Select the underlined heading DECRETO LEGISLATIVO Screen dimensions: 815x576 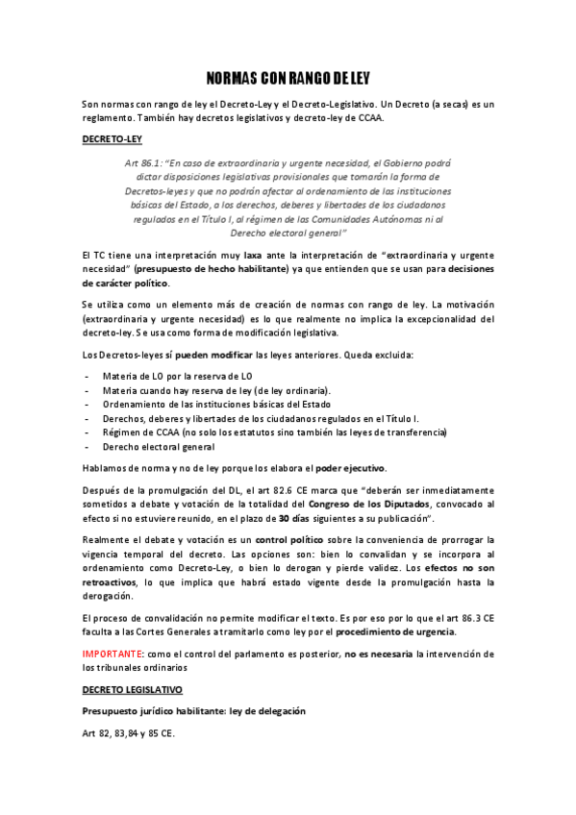pos(132,690)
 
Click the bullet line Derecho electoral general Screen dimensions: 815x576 pos(159,447)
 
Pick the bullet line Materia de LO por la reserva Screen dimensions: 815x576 pos(178,376)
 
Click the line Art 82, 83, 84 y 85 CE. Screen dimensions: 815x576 pos(129,733)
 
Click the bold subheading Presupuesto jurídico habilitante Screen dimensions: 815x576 pos(194,711)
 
